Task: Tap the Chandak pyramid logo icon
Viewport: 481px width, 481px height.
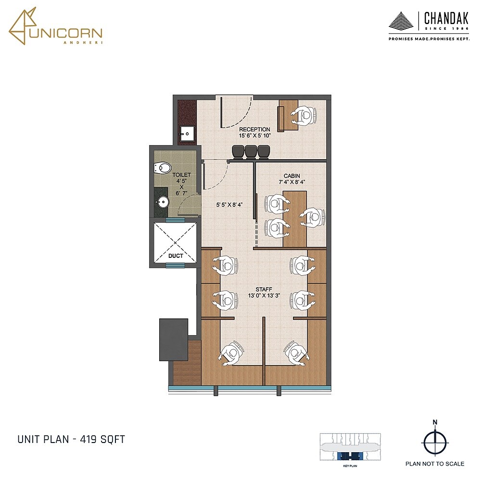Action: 402,22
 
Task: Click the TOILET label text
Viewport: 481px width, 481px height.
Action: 182,175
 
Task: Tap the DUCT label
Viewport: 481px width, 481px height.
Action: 176,256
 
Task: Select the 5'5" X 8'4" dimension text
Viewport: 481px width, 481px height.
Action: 228,204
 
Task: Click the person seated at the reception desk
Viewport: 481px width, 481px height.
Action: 304,115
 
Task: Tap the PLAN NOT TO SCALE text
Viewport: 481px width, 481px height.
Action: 434,464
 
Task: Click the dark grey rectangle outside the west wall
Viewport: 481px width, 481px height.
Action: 174,340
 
